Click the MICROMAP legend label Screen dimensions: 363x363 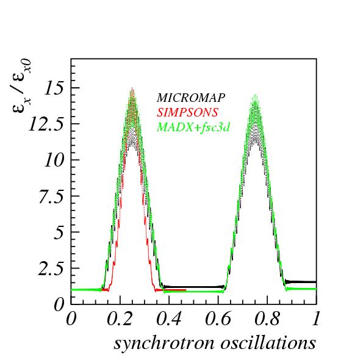tap(191, 98)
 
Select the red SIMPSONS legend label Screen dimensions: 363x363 tap(187, 112)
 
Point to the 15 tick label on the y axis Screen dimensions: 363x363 tap(54, 88)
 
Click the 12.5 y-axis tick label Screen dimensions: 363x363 tap(46, 125)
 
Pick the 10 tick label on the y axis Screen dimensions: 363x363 tap(54, 160)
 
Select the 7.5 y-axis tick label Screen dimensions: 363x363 tap(51, 197)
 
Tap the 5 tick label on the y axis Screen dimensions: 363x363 tap(59, 233)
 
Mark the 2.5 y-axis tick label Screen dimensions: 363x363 tap(51, 269)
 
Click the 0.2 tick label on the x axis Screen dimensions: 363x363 tap(120, 319)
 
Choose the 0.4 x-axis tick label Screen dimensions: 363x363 tap(169, 319)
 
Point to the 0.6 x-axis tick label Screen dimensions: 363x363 tap(218, 319)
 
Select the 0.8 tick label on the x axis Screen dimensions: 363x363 tap(267, 319)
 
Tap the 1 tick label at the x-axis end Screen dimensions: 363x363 tap(316, 319)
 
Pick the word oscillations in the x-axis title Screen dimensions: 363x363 tap(268, 343)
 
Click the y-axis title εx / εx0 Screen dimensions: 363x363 tap(21, 85)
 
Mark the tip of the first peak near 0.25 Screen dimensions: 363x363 tap(132, 87)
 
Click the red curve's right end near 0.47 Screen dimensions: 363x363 tap(185, 290)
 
